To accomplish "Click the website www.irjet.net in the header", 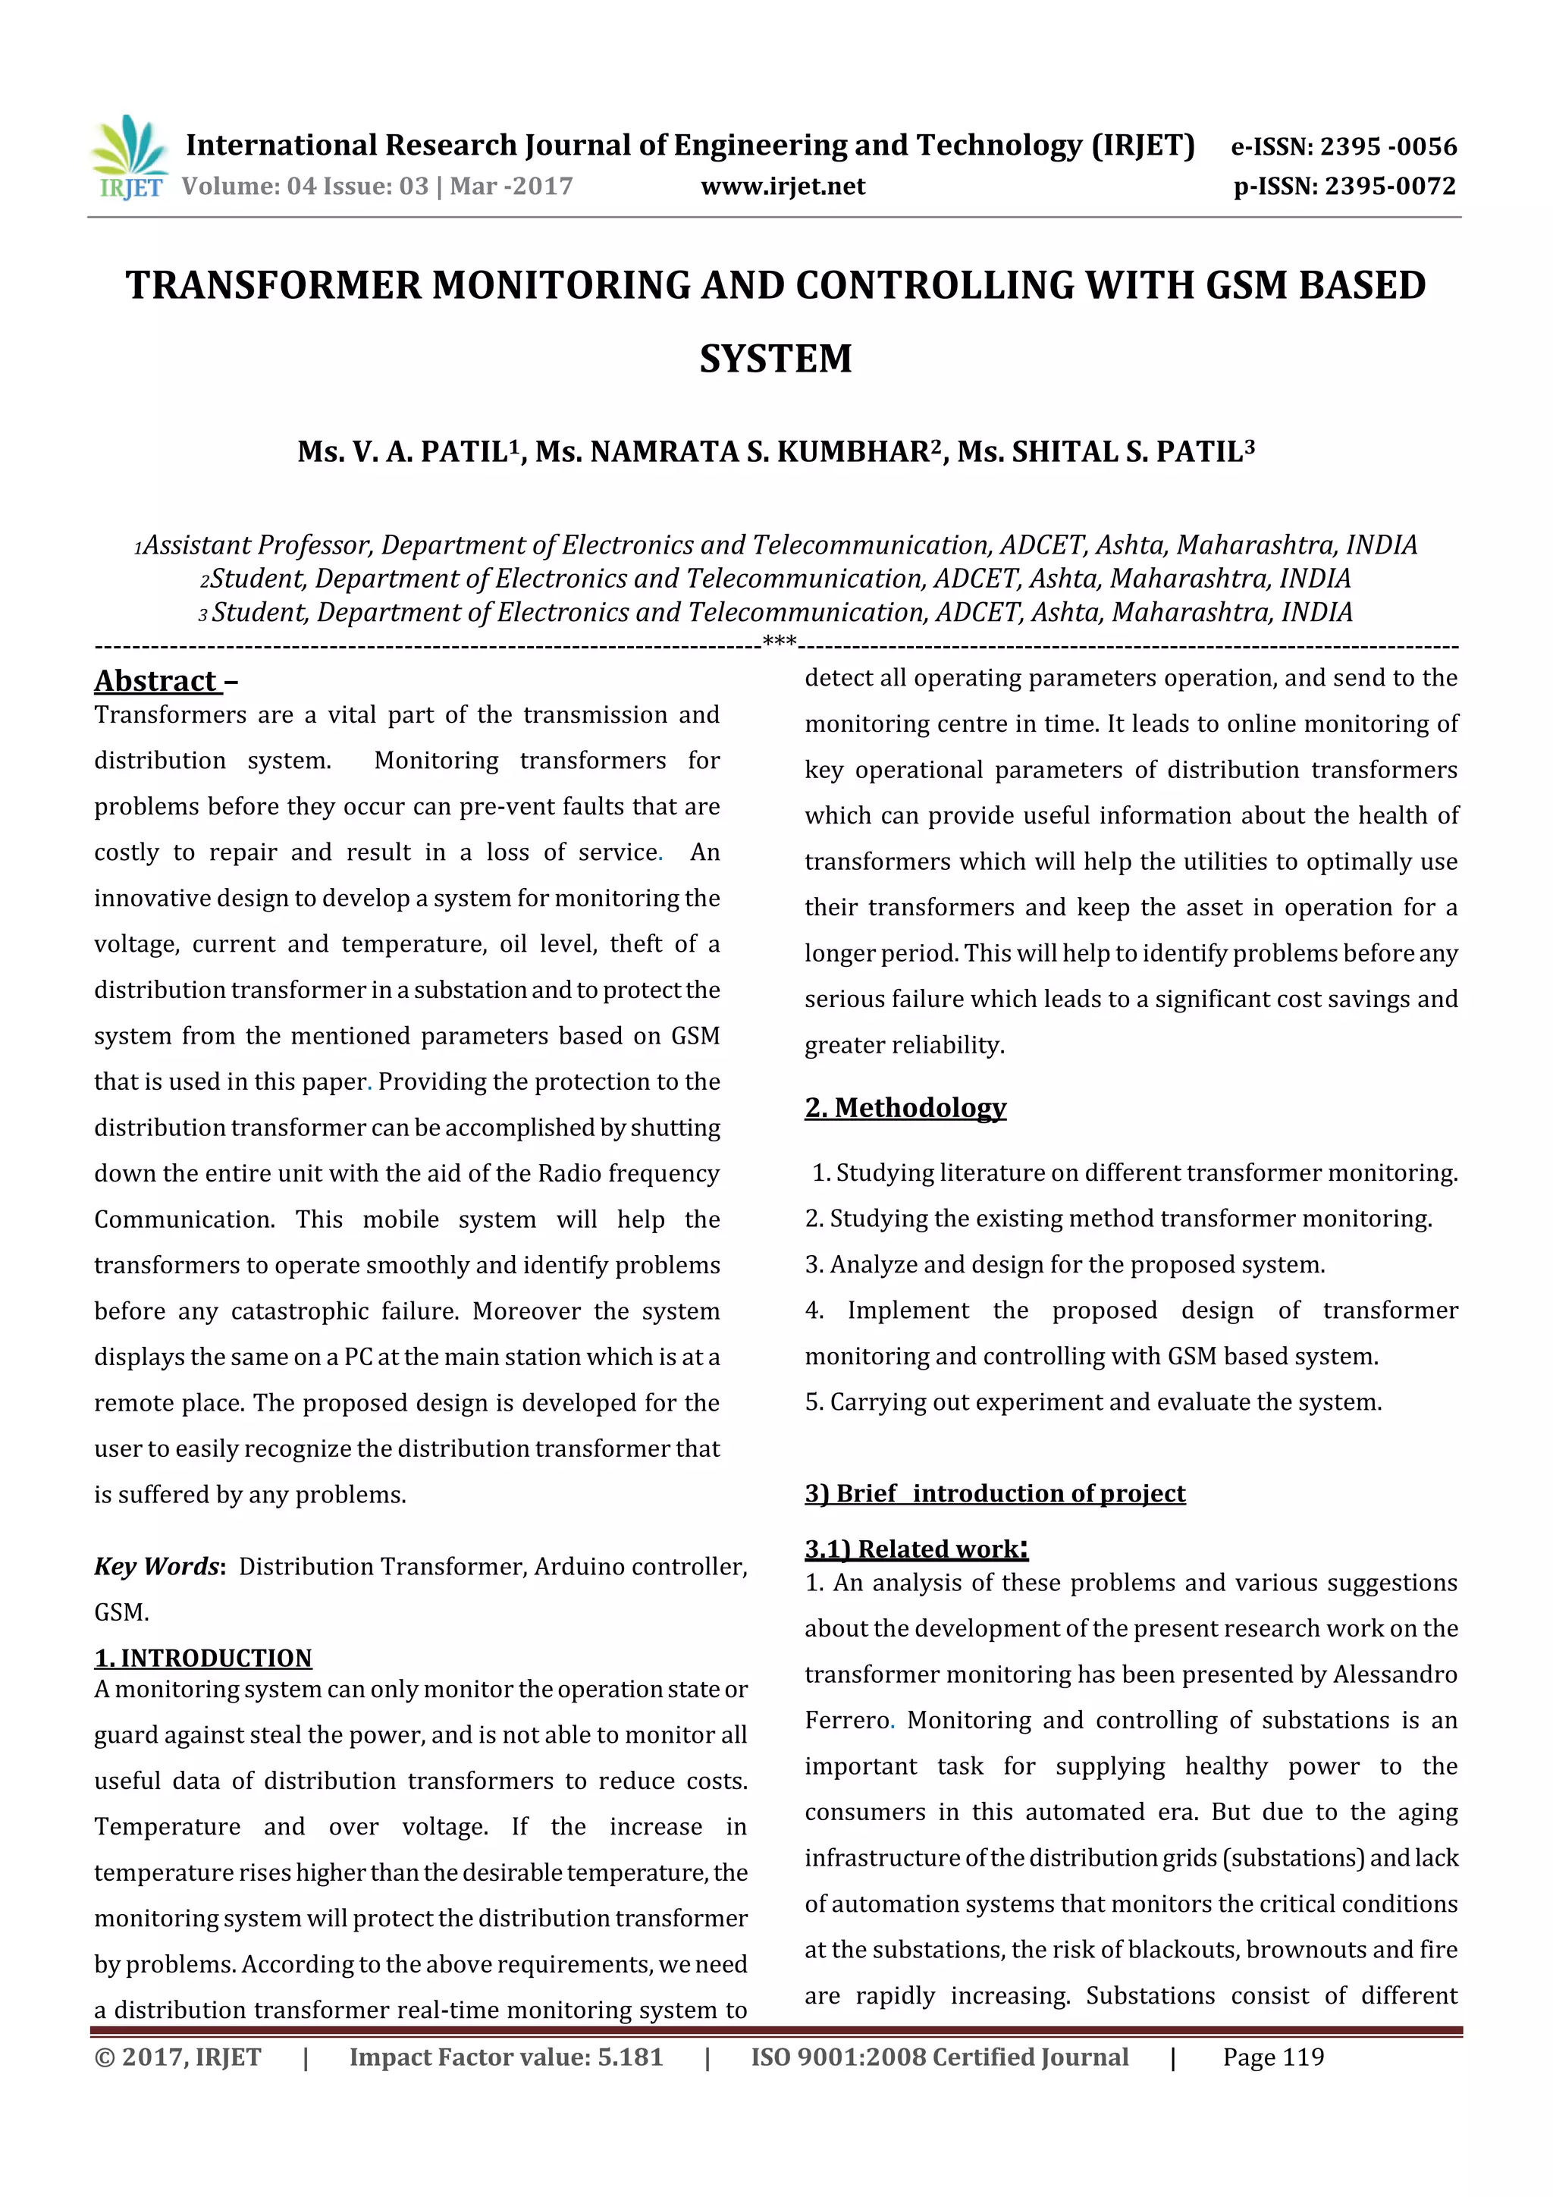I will [x=783, y=187].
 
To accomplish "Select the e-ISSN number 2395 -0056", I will [x=1388, y=146].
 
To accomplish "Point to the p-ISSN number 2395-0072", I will [x=1389, y=187].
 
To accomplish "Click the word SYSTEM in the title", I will [x=775, y=359].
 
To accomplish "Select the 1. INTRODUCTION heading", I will [x=203, y=1659].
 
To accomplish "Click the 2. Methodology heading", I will [x=905, y=1107].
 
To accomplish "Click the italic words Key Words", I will [x=158, y=1567].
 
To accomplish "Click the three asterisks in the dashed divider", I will [x=780, y=640].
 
